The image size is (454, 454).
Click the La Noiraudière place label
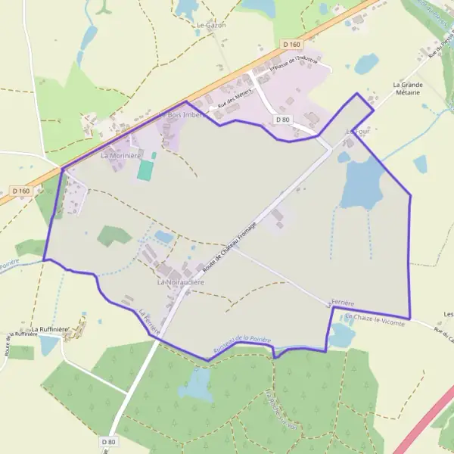[x=181, y=281]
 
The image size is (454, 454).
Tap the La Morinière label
[x=122, y=155]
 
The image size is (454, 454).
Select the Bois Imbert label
[x=184, y=114]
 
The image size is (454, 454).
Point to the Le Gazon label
[x=211, y=25]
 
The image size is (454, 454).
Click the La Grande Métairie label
[x=408, y=89]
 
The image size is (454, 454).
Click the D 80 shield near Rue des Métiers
[x=283, y=120]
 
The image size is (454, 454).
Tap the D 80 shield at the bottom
[x=108, y=441]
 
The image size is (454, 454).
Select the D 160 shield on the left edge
[x=20, y=191]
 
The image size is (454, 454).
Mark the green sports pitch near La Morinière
[x=144, y=169]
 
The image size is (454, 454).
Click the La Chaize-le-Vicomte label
[x=374, y=320]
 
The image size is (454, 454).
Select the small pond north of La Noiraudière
[x=163, y=237]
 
